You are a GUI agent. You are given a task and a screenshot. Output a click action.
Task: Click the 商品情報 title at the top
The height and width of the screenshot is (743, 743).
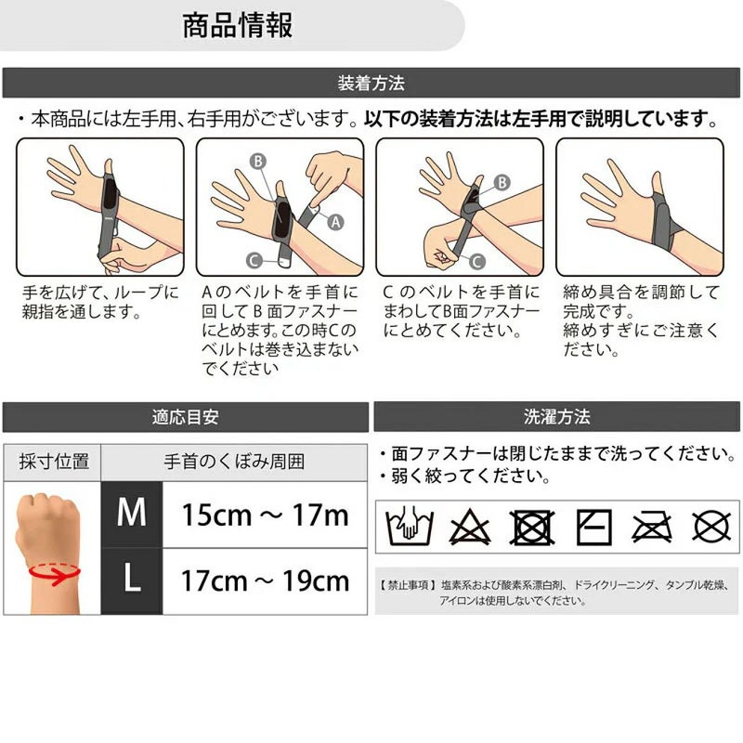[238, 26]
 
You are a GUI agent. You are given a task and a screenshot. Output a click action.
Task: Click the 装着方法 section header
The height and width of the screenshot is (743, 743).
[371, 83]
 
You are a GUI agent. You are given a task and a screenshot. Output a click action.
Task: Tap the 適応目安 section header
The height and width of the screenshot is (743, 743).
[185, 417]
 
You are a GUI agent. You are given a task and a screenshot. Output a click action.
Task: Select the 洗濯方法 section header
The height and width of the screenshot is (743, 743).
[556, 416]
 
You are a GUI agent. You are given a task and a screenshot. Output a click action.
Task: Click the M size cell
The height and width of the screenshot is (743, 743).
[132, 515]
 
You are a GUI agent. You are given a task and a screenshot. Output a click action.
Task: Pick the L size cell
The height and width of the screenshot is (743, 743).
[132, 581]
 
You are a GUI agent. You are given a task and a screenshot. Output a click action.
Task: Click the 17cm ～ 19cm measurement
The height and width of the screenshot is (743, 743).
[265, 580]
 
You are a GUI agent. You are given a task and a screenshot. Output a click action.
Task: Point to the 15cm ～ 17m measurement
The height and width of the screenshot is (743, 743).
[265, 515]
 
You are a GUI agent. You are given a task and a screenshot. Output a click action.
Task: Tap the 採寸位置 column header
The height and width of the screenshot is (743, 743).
[54, 462]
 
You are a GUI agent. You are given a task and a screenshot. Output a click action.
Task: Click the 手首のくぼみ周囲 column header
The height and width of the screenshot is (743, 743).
[234, 462]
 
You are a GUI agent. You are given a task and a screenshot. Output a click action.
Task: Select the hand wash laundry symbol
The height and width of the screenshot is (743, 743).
[410, 526]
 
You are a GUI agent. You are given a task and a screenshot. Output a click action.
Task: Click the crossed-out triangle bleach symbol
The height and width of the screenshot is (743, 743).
[470, 527]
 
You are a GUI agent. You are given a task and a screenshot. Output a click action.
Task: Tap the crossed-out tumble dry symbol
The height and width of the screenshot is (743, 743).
[531, 527]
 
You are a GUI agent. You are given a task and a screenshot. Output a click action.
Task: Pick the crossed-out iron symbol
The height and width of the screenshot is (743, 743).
[652, 527]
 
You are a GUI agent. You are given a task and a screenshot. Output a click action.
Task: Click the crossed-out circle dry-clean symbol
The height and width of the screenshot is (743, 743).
[711, 527]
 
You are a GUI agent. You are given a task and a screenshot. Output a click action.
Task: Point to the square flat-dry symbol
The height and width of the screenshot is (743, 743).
[593, 527]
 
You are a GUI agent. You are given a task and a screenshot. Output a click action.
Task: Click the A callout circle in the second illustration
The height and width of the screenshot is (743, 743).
[335, 222]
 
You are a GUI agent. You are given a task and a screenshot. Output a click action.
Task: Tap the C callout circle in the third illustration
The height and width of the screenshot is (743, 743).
[476, 262]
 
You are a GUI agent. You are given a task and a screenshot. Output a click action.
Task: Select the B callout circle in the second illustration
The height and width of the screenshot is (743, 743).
[258, 161]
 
